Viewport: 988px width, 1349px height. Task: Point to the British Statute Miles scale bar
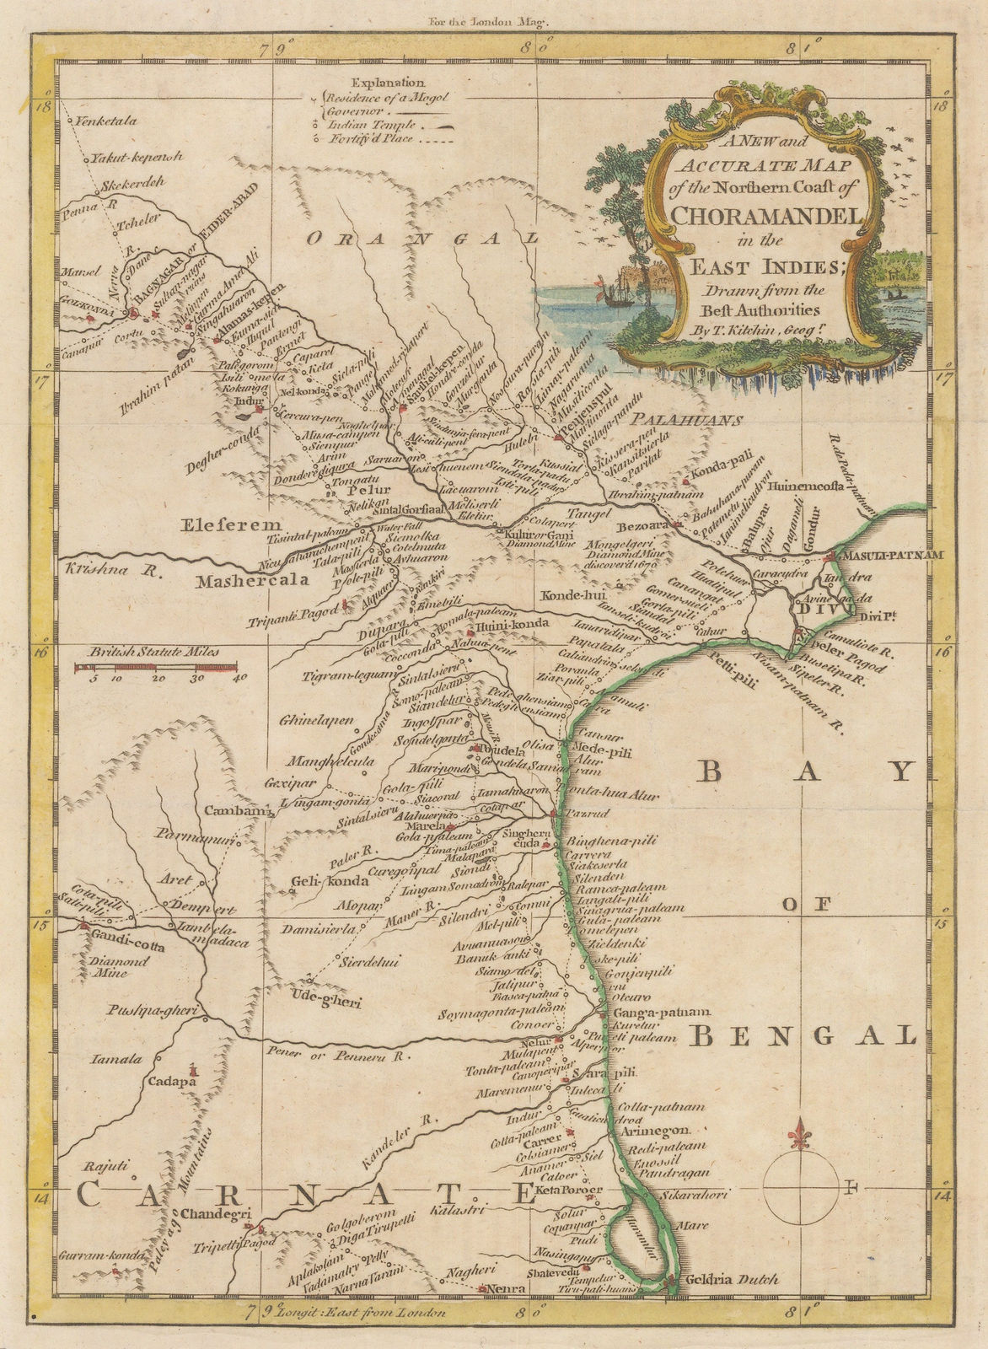pyautogui.click(x=156, y=667)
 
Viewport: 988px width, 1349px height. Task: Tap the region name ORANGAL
pyautogui.click(x=422, y=239)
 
